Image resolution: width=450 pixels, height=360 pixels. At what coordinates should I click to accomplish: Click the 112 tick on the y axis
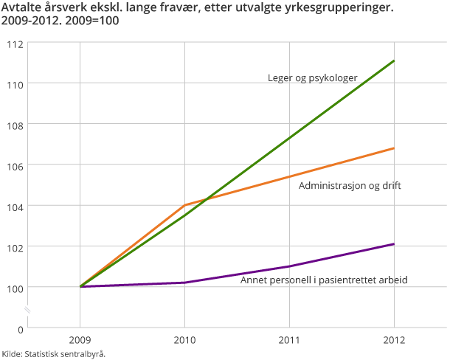click(x=15, y=44)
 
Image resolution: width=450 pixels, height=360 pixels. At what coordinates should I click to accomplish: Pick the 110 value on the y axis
click(x=15, y=84)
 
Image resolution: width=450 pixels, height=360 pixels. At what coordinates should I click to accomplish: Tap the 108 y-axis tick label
click(x=15, y=125)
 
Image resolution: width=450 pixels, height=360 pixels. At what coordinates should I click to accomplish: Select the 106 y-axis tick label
click(x=15, y=165)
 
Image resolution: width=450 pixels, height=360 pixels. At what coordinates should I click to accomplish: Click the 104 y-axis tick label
click(x=15, y=206)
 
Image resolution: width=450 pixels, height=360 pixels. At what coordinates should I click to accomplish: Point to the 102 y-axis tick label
click(x=15, y=246)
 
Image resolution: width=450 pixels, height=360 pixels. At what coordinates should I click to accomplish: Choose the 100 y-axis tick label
click(x=15, y=287)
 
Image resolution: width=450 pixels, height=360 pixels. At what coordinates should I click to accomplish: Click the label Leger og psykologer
click(x=312, y=77)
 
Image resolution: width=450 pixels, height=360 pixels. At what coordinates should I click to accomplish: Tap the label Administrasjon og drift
click(x=350, y=185)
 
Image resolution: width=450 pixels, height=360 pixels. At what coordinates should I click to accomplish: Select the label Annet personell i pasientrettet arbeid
click(x=324, y=280)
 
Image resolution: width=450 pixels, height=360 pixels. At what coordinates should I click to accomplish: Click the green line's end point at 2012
click(x=394, y=60)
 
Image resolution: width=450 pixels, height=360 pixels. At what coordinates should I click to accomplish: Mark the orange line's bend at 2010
click(x=184, y=205)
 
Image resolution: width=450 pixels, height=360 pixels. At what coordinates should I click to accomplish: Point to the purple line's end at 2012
click(x=394, y=244)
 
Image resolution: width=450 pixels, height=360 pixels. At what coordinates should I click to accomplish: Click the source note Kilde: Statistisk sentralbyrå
click(x=54, y=353)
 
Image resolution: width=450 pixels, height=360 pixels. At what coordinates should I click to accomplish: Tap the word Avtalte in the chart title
click(x=23, y=10)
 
